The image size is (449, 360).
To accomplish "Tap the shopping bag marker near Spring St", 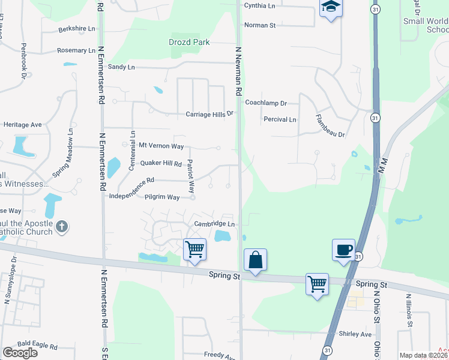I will (x=255, y=260).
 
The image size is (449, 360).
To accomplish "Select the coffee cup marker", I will (x=344, y=250).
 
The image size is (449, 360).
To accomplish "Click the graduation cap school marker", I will (x=330, y=8).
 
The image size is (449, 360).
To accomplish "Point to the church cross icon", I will (x=62, y=227).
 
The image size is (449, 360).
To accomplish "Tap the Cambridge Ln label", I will (x=213, y=224).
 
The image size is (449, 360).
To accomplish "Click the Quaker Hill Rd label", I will (x=160, y=163).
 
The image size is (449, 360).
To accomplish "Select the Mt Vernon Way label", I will (x=161, y=145).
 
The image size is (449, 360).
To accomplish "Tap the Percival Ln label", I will (x=280, y=119).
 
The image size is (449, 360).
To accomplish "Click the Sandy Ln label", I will (x=121, y=67).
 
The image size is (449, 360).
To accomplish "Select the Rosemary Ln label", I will (x=76, y=51).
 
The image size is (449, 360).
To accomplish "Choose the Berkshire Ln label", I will (x=77, y=29).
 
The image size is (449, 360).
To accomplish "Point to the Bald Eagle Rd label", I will (x=37, y=346).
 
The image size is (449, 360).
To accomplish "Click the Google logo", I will (x=20, y=353).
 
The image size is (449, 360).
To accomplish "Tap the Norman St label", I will (x=259, y=25).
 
